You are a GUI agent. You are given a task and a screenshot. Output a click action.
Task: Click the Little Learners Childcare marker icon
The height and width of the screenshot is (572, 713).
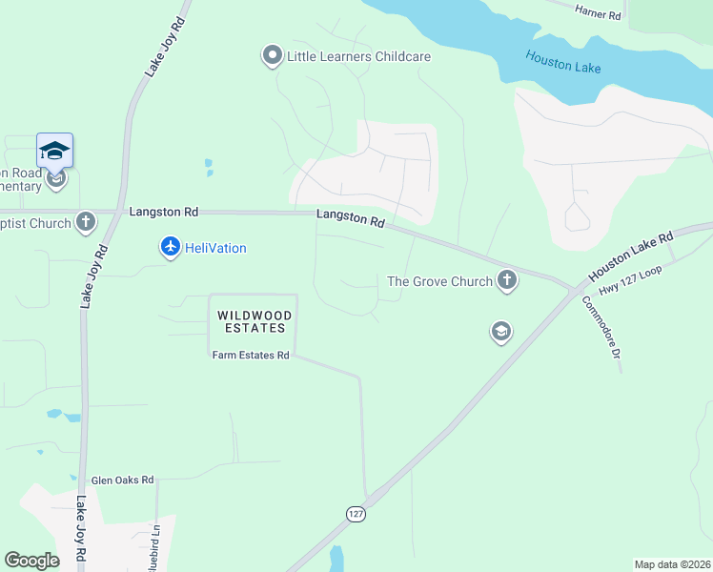(273, 56)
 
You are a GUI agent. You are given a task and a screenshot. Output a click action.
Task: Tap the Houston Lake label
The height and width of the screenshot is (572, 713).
(562, 64)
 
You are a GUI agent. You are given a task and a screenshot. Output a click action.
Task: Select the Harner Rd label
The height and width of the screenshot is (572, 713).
(599, 14)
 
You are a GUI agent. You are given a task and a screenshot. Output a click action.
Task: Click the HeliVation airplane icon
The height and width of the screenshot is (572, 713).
(171, 248)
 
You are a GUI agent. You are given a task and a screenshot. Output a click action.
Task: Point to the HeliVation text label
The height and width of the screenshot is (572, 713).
(215, 249)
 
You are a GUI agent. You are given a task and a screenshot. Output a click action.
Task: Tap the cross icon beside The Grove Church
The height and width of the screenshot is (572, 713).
(507, 280)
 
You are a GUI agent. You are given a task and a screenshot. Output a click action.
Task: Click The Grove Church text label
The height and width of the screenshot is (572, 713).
(439, 281)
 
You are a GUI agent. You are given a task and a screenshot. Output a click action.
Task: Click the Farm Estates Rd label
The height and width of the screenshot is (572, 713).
(250, 356)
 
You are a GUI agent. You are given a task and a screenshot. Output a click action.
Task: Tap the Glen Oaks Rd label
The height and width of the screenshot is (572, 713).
(122, 481)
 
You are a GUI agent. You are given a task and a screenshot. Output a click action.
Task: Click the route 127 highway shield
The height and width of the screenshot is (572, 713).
(355, 513)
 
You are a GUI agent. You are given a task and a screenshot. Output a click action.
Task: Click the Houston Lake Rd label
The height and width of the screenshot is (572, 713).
(631, 254)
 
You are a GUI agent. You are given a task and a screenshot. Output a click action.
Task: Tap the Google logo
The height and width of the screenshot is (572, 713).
(32, 561)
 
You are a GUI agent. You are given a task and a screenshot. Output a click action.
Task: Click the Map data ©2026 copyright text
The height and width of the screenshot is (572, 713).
(672, 564)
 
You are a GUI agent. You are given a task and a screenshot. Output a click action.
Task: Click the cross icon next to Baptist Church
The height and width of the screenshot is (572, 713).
(86, 223)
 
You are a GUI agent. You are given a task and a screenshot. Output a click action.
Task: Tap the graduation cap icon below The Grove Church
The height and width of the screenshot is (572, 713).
(500, 332)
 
